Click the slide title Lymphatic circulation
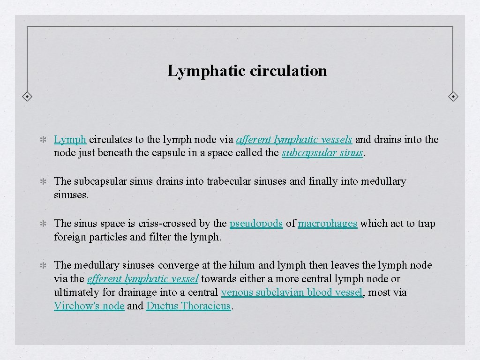click(x=247, y=71)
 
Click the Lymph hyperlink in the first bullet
click(x=70, y=139)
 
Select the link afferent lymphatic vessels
click(x=294, y=139)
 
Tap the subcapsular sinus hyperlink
click(x=322, y=153)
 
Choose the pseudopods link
click(x=256, y=224)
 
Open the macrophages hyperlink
click(x=327, y=224)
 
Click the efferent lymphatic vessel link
click(x=142, y=279)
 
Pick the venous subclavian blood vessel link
click(x=292, y=292)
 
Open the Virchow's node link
click(x=89, y=306)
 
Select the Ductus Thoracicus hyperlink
click(x=188, y=306)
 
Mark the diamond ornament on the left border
click(x=28, y=97)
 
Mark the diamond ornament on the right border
click(x=453, y=97)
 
